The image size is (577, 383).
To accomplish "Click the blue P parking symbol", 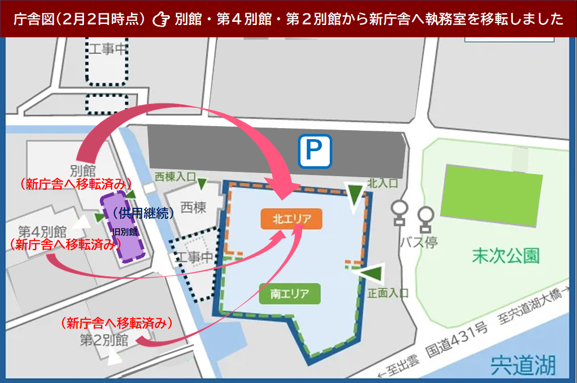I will tap(315, 152).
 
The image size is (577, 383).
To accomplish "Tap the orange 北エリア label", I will tap(292, 219).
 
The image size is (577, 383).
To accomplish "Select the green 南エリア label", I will tap(290, 294).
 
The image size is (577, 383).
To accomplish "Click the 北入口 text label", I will tap(382, 183).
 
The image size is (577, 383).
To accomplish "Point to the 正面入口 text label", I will tap(388, 293).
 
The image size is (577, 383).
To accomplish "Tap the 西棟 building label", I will tap(193, 207).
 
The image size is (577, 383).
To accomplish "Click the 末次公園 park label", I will tap(506, 256).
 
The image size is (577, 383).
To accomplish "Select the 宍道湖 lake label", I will tap(522, 365).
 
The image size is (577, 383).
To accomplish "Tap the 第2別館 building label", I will tap(104, 340).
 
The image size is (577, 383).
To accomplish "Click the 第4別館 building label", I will tap(42, 231).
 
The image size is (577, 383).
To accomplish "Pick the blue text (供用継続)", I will tap(143, 214).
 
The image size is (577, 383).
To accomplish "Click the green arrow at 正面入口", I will tap(371, 274).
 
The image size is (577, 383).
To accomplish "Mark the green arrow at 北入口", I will tap(355, 195).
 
